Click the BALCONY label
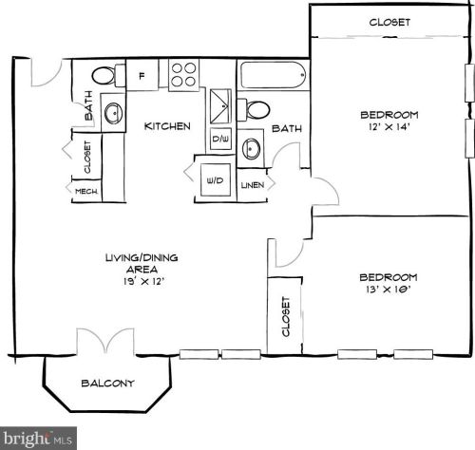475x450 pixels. tap(106, 384)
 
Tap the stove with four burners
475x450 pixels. tap(182, 74)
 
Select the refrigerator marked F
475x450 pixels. tap(142, 75)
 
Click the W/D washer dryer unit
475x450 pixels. tap(215, 180)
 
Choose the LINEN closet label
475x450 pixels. tap(253, 185)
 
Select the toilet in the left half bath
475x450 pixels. tap(105, 75)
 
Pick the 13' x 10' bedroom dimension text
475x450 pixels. tap(388, 291)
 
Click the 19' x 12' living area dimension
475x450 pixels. tap(142, 282)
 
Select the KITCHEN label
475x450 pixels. tap(167, 126)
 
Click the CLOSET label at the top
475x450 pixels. tap(389, 22)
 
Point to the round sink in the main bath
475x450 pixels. tap(252, 149)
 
